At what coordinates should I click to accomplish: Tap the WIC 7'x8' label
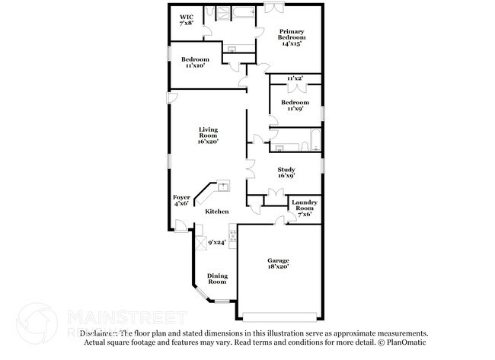[x=187, y=21]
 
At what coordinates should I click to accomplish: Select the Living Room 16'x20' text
[x=208, y=135]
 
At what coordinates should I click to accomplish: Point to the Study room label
[x=286, y=173]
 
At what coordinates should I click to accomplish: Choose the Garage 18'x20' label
[x=277, y=263]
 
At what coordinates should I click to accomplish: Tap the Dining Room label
[x=217, y=279]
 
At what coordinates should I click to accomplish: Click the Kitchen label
[x=217, y=211]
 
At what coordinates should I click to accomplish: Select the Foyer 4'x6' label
[x=181, y=200]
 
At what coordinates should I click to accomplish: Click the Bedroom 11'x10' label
[x=197, y=62]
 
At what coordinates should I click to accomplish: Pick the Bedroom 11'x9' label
[x=295, y=105]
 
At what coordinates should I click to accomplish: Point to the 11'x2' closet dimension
[x=295, y=79]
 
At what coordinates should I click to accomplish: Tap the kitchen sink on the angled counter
[x=223, y=185]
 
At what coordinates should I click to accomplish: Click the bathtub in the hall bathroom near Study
[x=309, y=142]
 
